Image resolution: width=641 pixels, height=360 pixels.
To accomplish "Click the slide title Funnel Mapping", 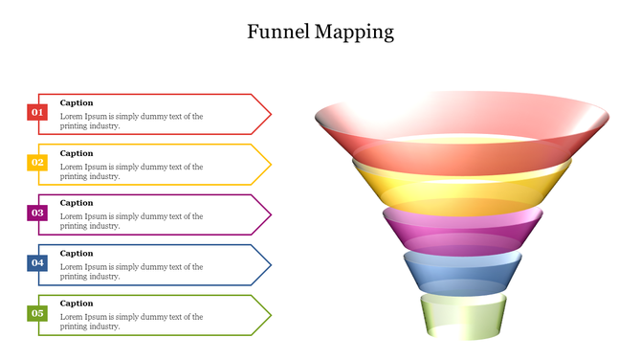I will [320, 32].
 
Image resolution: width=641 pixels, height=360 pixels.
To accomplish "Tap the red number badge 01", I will [37, 112].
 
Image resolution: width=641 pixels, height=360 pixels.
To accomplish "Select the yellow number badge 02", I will [37, 163].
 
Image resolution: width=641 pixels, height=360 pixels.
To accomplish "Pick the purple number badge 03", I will [37, 213].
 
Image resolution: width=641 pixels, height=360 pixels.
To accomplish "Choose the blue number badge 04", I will [37, 262].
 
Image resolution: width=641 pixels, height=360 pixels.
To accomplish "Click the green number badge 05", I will [37, 313].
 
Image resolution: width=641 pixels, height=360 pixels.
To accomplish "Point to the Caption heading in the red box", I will [77, 102].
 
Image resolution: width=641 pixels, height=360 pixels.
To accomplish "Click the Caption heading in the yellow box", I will [77, 153].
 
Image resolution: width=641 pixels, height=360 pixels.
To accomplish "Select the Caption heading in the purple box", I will [77, 203].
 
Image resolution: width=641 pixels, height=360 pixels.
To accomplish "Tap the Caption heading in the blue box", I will [77, 253].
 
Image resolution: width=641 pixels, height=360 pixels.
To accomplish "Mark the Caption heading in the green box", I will [77, 304].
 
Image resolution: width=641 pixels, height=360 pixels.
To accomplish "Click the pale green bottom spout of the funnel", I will [462, 316].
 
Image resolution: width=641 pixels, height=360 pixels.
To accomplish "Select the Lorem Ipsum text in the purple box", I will [131, 221].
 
